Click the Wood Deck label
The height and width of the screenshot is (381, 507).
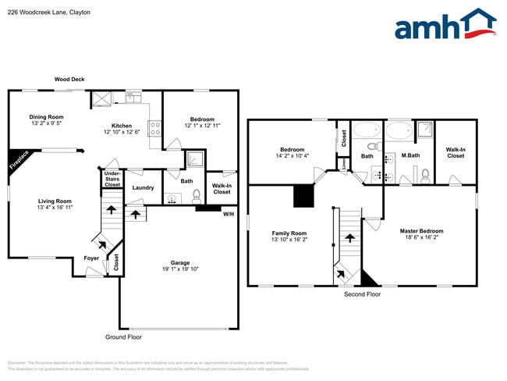[x=69, y=80]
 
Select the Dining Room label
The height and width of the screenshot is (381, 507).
[x=46, y=117]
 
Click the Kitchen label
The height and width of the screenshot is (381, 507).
[x=121, y=126]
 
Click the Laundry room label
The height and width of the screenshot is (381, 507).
[x=143, y=187]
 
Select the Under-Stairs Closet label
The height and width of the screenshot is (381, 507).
[x=112, y=180]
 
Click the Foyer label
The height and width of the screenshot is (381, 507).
[x=91, y=258]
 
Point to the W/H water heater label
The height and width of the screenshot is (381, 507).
[x=229, y=214]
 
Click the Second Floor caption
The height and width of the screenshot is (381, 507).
[x=362, y=294]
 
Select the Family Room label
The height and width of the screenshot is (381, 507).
[x=289, y=233]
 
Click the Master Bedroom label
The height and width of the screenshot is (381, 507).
[x=421, y=231]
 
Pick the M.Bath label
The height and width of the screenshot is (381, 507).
[x=410, y=156]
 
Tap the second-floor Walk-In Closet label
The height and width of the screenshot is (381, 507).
[x=456, y=152]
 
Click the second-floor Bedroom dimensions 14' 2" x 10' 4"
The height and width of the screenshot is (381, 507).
[x=292, y=156]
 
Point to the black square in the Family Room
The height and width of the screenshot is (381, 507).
[x=303, y=196]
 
